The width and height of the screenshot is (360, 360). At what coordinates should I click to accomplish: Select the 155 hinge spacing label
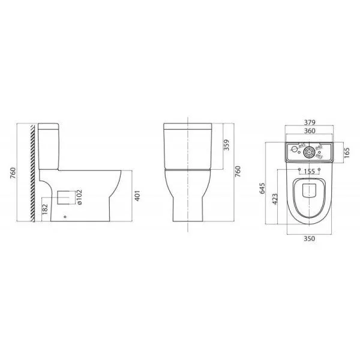click(310, 171)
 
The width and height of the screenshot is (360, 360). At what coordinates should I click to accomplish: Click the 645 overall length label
click(262, 189)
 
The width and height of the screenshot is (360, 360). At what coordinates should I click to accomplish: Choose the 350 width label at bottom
click(310, 238)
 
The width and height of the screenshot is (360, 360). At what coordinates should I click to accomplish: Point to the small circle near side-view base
click(65, 217)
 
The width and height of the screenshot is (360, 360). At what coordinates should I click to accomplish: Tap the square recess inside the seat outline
click(310, 190)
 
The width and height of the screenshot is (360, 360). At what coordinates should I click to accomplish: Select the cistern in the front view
click(188, 146)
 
